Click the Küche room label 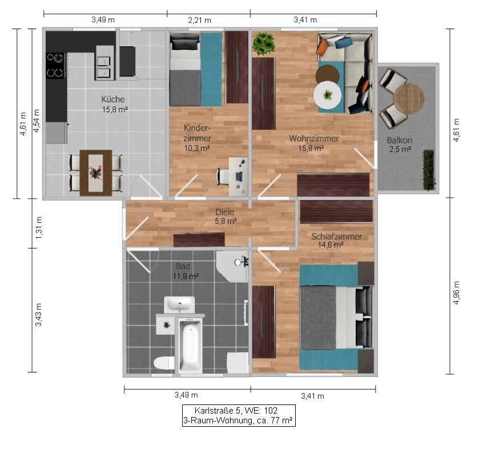point(114,98)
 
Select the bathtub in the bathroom point(190,346)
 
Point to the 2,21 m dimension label point(199,20)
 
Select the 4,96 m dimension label point(456,292)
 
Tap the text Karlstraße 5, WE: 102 point(238,411)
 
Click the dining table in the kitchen point(95,172)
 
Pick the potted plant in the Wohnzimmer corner point(263,43)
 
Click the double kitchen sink point(103,66)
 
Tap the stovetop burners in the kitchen point(55,65)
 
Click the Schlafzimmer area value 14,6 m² point(330,245)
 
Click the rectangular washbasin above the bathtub point(180,304)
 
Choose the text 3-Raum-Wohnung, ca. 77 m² point(238,420)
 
